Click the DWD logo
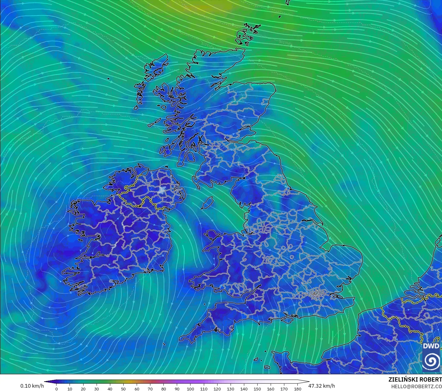431,357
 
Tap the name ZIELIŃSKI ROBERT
415,379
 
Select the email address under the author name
416,386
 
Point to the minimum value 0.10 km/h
32,386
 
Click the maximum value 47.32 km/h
322,386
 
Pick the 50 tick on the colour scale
123,389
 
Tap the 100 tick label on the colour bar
190,389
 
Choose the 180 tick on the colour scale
298,389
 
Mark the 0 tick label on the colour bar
56,389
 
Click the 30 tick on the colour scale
97,389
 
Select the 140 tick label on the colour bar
244,389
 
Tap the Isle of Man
208,202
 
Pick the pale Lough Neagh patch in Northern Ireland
162,190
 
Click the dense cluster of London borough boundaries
317,293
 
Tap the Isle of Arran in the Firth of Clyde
191,157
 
